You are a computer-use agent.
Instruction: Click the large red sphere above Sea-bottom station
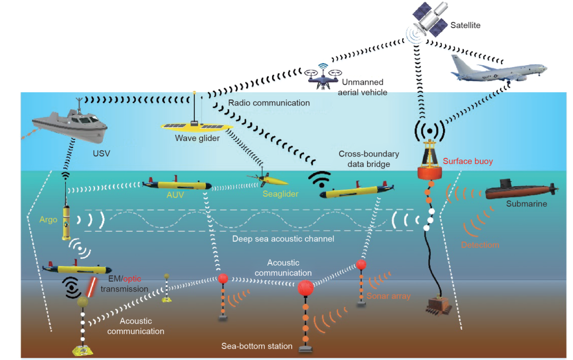[306, 288]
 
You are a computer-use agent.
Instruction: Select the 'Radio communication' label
[268, 103]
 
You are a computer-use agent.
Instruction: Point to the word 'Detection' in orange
[480, 245]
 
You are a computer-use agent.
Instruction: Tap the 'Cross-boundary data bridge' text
[369, 159]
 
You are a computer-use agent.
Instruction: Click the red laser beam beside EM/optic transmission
[91, 286]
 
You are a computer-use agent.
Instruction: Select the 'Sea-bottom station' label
[257, 346]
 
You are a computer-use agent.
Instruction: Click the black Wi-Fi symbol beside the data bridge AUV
[320, 180]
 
